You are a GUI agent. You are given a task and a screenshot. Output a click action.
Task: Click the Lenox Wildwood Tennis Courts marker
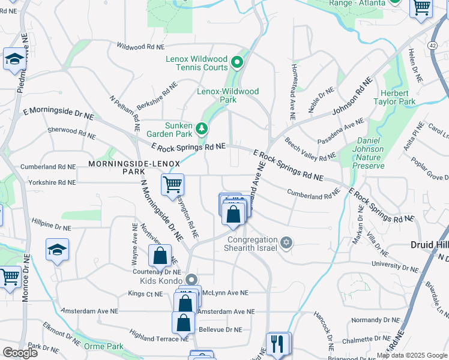[237, 61]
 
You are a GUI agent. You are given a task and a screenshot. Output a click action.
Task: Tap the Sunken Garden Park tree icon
[202, 128]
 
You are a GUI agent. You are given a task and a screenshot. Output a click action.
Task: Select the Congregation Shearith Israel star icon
[286, 242]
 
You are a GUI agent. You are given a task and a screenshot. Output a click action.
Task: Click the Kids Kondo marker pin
[191, 280]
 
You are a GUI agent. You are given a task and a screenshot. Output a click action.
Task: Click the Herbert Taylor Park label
[398, 97]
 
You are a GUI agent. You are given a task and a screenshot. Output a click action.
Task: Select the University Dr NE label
[394, 263]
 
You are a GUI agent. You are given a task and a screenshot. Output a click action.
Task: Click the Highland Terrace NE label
[158, 339]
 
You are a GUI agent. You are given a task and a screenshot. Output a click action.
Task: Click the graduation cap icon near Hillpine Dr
[57, 249]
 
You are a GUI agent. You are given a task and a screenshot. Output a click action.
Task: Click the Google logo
[20, 353]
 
